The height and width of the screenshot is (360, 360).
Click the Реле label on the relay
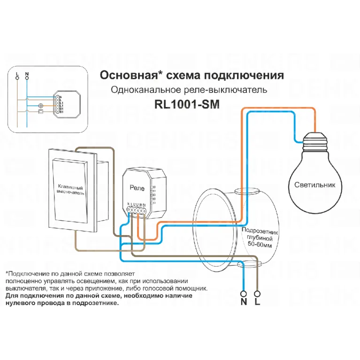coord(137,187)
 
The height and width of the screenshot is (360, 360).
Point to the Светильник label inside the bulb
coord(315,184)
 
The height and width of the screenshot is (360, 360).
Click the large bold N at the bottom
coord(244,301)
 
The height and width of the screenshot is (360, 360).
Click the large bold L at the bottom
coord(257,301)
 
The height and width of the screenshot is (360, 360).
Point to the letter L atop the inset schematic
coord(17,74)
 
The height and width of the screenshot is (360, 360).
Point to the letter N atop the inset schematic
coord(27,74)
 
